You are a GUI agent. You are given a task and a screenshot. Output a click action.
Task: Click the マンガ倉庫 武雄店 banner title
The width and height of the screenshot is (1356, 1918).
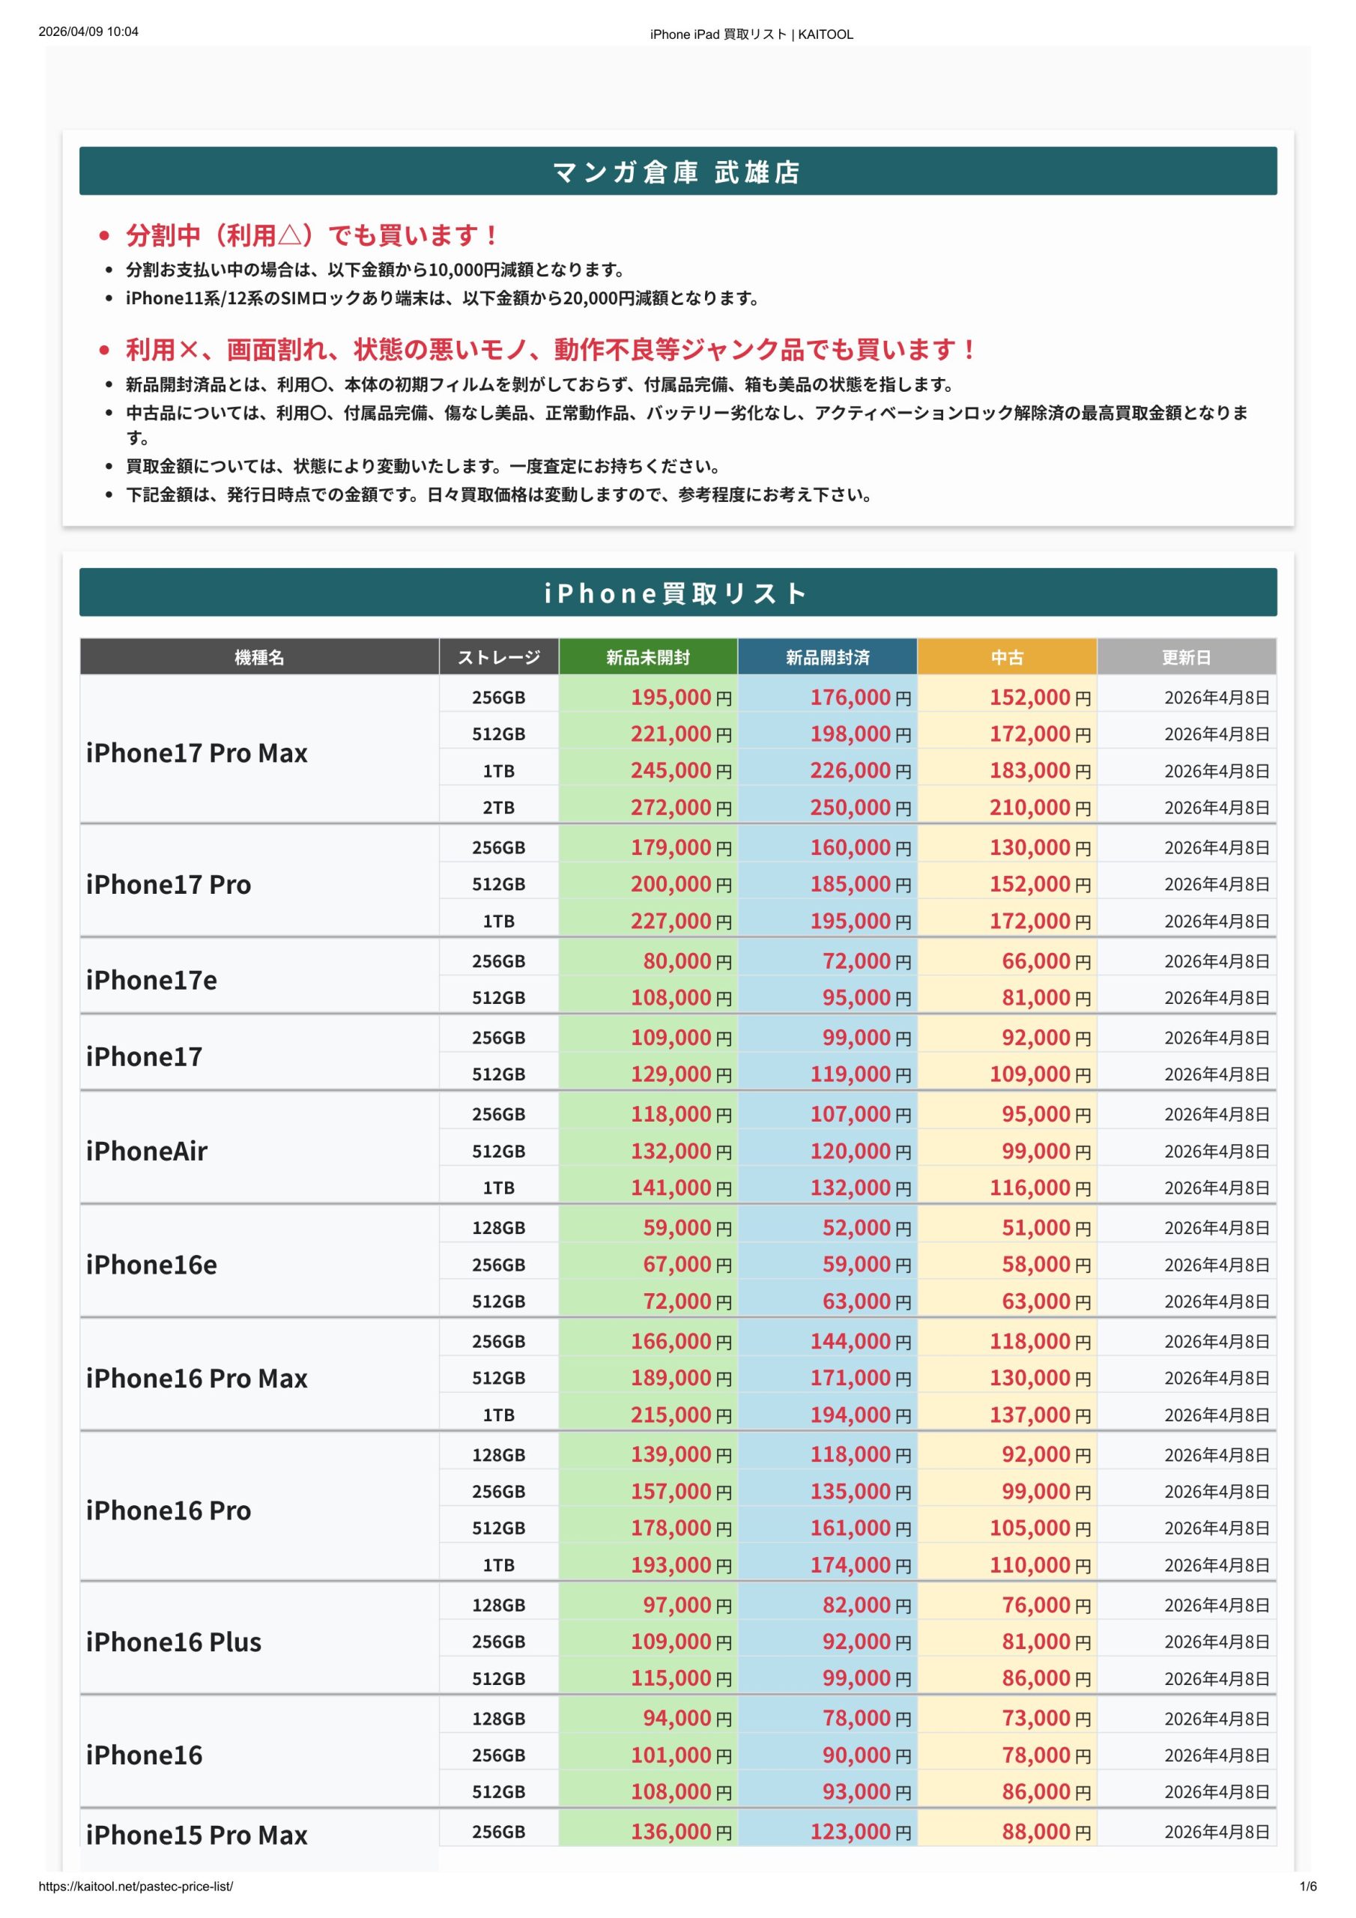[x=677, y=172]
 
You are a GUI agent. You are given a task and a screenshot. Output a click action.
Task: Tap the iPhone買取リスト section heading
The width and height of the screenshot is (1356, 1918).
[x=677, y=593]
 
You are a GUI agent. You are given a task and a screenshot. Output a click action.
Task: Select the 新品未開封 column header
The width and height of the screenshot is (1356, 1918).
[x=647, y=657]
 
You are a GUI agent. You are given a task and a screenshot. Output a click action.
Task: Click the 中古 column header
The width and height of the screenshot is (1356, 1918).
[x=1007, y=657]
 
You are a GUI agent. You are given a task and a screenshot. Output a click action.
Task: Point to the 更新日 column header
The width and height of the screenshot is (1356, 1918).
[x=1185, y=657]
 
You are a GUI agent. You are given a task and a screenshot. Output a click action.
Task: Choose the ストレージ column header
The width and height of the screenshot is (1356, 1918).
[x=498, y=657]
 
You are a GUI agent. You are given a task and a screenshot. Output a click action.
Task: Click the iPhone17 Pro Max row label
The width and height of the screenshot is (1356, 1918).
[x=197, y=753]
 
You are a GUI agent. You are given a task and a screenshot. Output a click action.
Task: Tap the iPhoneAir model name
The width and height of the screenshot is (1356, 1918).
[x=147, y=1151]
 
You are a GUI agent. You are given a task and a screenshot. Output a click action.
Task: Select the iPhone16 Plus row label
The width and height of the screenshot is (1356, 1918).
[x=174, y=1642]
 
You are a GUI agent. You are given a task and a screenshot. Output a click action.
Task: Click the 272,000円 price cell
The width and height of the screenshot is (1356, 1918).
[x=680, y=808]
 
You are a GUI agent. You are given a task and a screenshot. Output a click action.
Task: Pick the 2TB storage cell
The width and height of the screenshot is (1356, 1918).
[x=498, y=808]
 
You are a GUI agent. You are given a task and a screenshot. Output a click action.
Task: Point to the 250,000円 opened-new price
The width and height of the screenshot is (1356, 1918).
[x=860, y=808]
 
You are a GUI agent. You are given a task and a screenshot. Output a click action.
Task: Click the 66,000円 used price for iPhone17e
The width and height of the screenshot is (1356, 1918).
[x=1046, y=961]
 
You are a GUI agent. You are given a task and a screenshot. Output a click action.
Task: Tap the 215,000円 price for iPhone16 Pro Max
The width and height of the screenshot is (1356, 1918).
[x=680, y=1415]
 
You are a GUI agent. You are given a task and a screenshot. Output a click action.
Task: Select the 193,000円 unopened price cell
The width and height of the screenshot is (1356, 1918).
[x=680, y=1564]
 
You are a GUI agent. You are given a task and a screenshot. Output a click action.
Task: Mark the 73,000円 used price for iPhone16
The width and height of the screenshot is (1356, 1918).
[x=1046, y=1719]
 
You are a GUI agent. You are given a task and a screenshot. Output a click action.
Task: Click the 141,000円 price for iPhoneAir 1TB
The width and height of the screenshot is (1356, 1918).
[x=680, y=1188]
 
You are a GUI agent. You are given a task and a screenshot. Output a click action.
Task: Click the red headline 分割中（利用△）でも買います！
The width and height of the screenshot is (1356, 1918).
[x=311, y=235]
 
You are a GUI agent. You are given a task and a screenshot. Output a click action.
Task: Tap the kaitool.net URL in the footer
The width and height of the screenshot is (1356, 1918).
[x=136, y=1887]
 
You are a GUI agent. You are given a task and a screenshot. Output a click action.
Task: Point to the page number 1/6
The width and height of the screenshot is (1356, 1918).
[x=1307, y=1887]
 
